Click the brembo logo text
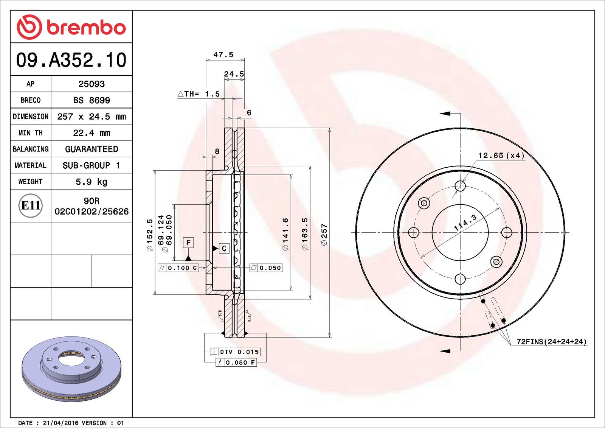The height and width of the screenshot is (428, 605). [x=86, y=27]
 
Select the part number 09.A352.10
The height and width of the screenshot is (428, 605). [x=71, y=60]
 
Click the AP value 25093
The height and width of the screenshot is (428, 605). [x=92, y=84]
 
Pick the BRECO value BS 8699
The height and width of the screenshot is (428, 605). [x=92, y=100]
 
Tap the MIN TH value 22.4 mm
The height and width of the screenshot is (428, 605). [x=92, y=133]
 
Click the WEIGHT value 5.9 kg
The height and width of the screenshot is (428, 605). [x=92, y=182]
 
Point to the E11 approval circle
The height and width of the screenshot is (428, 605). [x=30, y=205]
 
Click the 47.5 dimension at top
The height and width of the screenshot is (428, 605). [x=223, y=55]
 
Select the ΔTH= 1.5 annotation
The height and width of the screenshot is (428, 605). [x=199, y=94]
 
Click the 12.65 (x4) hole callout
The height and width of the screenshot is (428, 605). [x=501, y=156]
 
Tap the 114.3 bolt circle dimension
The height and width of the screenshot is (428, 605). [x=465, y=223]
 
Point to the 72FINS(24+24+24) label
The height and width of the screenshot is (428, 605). [x=551, y=342]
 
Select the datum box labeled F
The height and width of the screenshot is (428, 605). [x=188, y=243]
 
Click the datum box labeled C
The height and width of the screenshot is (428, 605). [x=224, y=248]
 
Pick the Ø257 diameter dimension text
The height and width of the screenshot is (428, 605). [x=324, y=235]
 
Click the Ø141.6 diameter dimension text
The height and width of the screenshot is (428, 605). [x=285, y=234]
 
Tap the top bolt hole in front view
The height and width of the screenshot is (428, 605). [x=460, y=186]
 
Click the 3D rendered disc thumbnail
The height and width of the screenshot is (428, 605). [x=71, y=369]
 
